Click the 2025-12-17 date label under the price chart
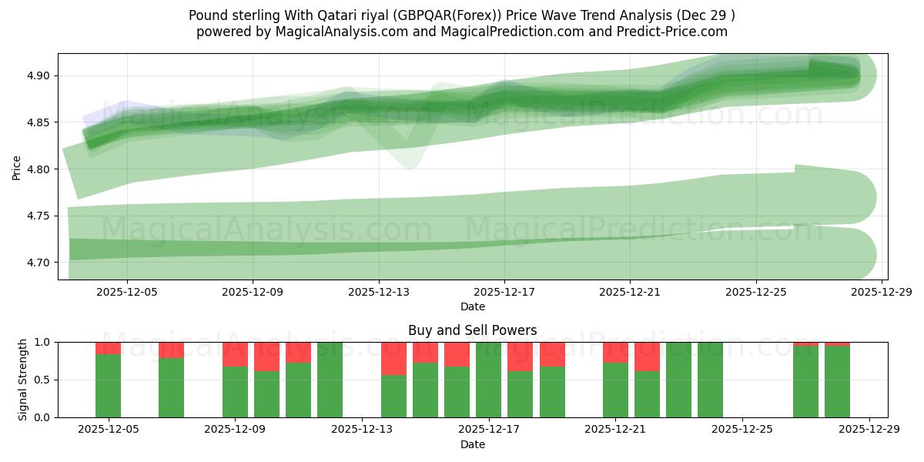504,293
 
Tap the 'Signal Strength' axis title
23,380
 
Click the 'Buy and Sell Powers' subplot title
472,330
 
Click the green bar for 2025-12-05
108,386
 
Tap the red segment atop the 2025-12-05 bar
108,348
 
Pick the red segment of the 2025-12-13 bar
393,358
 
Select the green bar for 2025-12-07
172,387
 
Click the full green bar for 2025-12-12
330,380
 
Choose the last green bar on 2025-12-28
837,382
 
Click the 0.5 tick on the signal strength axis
43,380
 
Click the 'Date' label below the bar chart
472,444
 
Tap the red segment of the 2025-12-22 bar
647,357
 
